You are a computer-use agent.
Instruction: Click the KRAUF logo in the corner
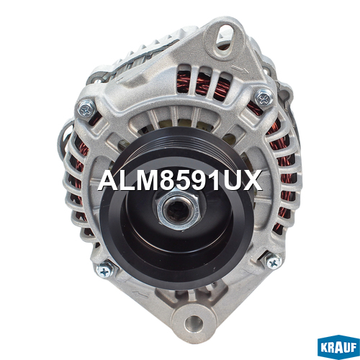pyautogui.click(x=338, y=348)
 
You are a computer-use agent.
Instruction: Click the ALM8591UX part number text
pyautogui.click(x=180, y=181)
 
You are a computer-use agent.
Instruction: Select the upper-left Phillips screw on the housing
pyautogui.click(x=86, y=109)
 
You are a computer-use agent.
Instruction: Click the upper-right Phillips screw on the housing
pyautogui.click(x=264, y=98)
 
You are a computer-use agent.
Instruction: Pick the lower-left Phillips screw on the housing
pyautogui.click(x=104, y=271)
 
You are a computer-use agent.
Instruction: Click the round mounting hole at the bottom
pyautogui.click(x=194, y=322)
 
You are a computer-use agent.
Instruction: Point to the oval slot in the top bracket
pyautogui.click(x=225, y=37)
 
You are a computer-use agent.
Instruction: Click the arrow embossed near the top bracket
pyautogui.click(x=240, y=71)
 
